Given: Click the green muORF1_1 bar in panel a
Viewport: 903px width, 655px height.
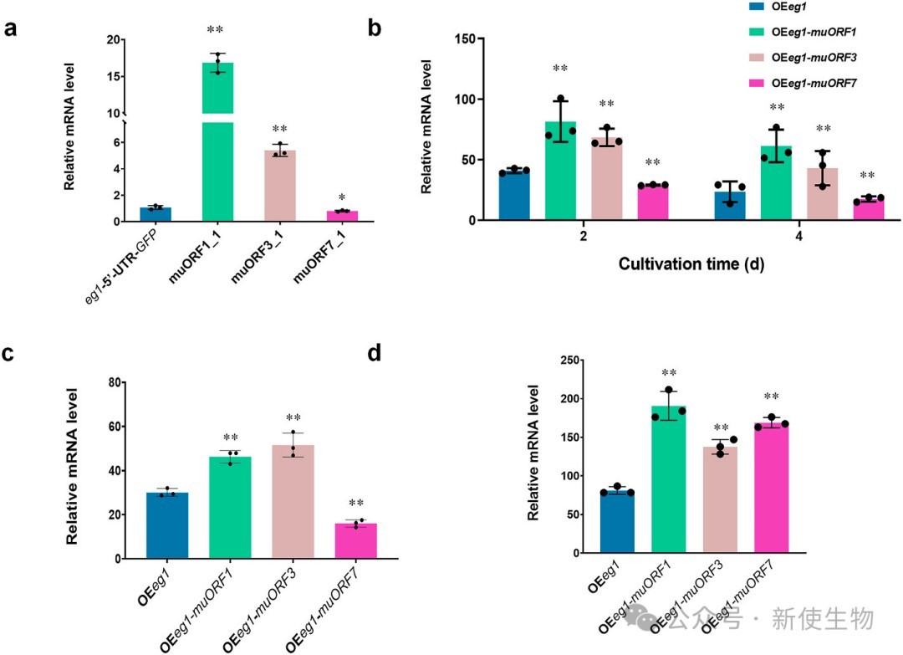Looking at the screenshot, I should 217,167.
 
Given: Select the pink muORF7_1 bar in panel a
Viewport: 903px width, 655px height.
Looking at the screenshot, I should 342,216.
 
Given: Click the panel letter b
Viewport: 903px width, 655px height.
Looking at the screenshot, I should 375,28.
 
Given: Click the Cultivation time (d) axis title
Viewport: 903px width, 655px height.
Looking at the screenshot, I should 691,264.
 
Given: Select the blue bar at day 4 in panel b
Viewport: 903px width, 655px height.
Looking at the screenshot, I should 730,206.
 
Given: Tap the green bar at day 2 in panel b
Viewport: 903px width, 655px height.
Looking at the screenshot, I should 560,171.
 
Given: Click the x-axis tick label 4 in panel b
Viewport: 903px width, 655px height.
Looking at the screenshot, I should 800,238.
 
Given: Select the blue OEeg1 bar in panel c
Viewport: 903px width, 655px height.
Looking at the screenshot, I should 166,525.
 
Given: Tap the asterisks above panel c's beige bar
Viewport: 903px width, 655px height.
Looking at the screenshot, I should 293,418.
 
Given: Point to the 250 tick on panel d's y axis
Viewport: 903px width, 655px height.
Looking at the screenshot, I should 573,361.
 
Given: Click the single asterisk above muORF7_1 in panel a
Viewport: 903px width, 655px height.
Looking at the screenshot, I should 342,197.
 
